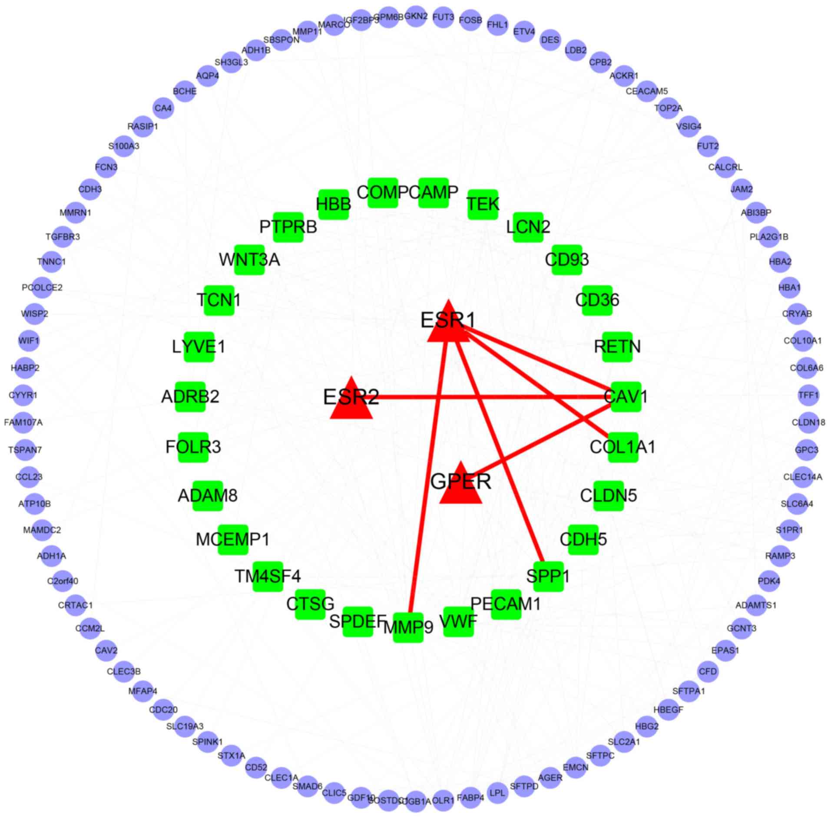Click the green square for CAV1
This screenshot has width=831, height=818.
(626, 396)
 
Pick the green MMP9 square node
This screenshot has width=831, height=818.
(408, 627)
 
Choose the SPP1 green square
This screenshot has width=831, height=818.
(548, 576)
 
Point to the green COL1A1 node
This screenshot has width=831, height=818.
(623, 447)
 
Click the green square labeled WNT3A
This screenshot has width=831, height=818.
(249, 260)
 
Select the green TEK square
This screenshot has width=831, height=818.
(483, 204)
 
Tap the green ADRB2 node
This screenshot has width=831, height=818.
(190, 396)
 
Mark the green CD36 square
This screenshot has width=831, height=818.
(597, 300)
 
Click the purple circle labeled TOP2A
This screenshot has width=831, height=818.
(668, 108)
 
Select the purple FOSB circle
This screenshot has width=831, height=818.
(470, 20)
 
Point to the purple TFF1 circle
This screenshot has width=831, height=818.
(808, 395)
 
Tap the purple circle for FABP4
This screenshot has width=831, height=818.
(470, 798)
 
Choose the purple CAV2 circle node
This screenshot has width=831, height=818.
(106, 650)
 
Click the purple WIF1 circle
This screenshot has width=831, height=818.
(29, 341)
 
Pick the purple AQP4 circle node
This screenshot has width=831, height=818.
(207, 76)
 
